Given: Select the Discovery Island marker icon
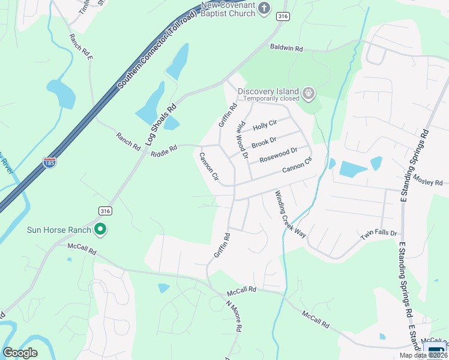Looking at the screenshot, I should (x=309, y=93).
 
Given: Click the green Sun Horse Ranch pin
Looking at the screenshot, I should (x=101, y=229).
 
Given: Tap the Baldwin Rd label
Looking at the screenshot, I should (x=286, y=47).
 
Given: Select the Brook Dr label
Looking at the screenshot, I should (x=264, y=143).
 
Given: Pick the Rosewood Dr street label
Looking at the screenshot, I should (x=278, y=155).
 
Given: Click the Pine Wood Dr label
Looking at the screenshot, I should (x=242, y=139).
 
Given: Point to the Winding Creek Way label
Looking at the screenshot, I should (x=291, y=214).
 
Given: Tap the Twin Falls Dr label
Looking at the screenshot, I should (x=379, y=236).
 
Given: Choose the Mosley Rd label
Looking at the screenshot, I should (x=430, y=182).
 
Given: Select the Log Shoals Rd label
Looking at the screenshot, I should (x=160, y=125).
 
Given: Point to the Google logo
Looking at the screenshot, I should (x=20, y=353).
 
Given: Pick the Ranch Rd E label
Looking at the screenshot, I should (x=81, y=47).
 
